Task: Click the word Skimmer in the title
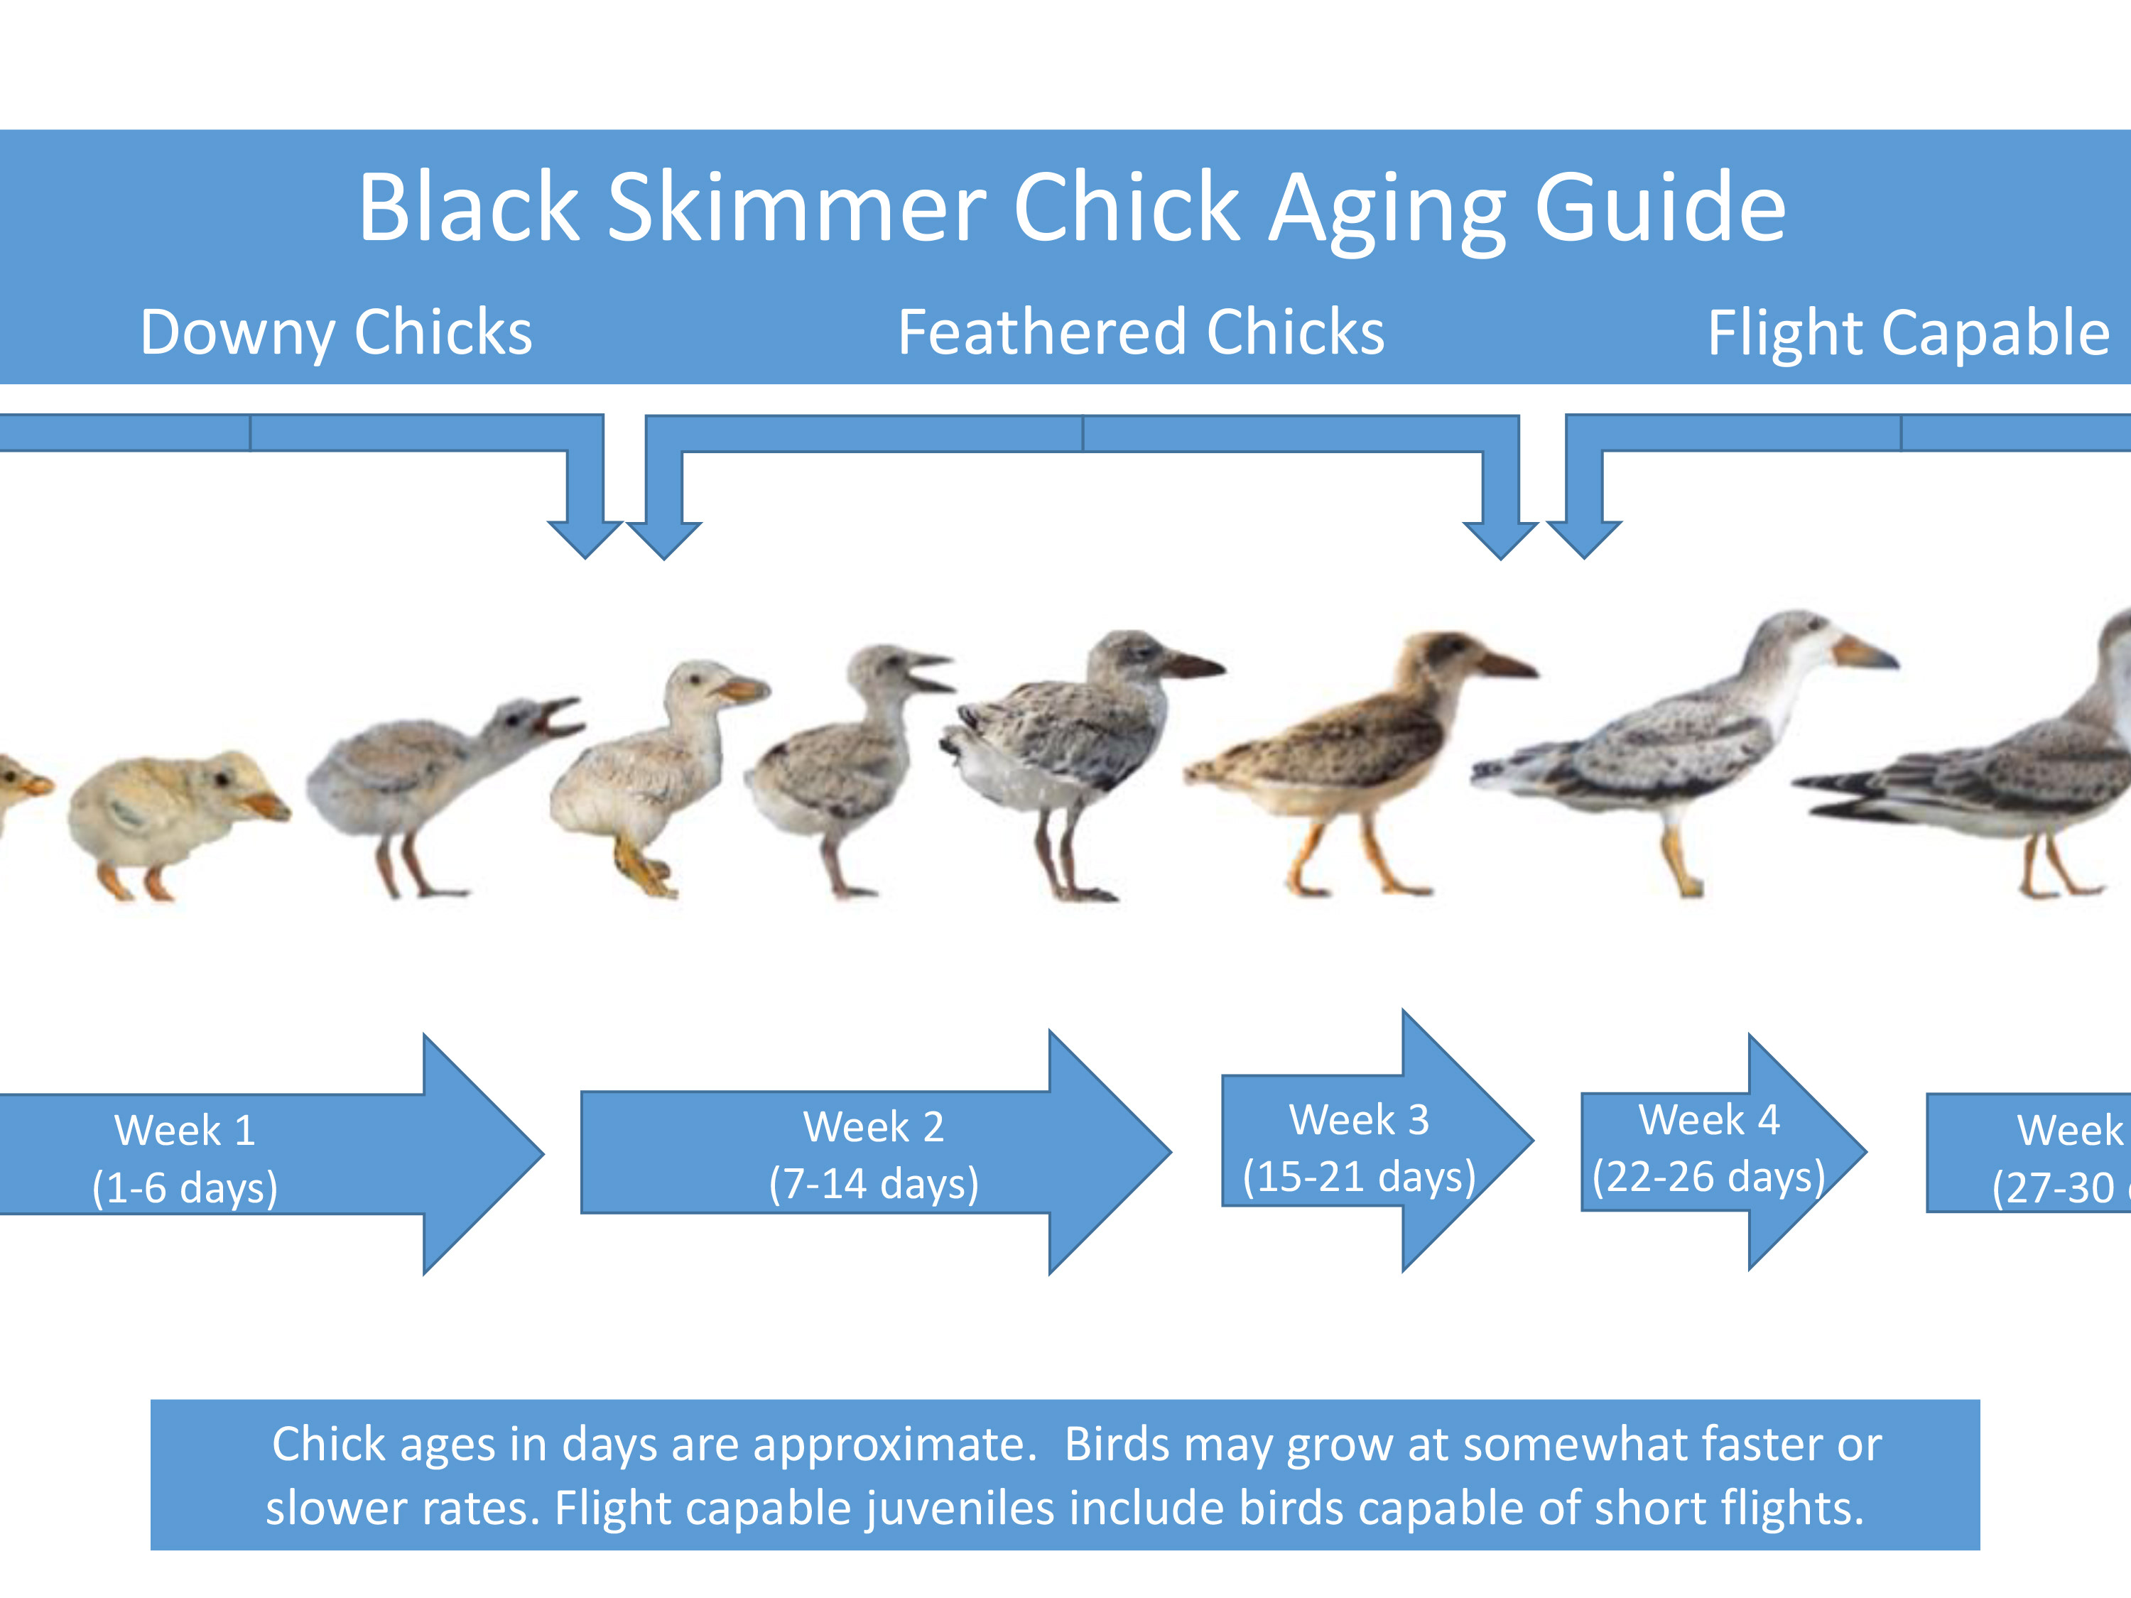click(796, 207)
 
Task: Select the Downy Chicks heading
click(335, 332)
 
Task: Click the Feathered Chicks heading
click(1141, 332)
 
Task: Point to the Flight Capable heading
click(1907, 333)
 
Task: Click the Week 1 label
click(185, 1130)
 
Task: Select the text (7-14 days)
click(874, 1184)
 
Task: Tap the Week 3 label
click(1360, 1119)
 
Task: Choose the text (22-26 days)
click(1709, 1176)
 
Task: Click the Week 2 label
click(874, 1126)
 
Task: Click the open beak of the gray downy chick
click(560, 716)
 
